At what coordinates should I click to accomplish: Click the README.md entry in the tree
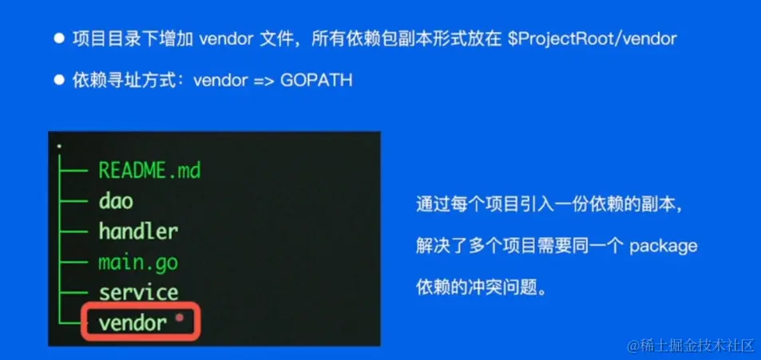pos(149,170)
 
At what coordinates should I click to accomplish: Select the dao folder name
pos(116,200)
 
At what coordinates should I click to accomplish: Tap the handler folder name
pos(138,231)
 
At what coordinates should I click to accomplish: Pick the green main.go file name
pos(138,262)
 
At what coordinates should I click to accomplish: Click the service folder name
pos(138,292)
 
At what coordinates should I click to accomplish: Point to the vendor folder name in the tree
pos(133,322)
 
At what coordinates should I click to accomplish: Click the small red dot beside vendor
pos(180,318)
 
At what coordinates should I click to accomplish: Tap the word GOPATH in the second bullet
pos(317,81)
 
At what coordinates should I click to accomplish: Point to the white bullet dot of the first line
pos(58,38)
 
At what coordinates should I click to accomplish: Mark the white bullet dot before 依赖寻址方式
pos(58,81)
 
